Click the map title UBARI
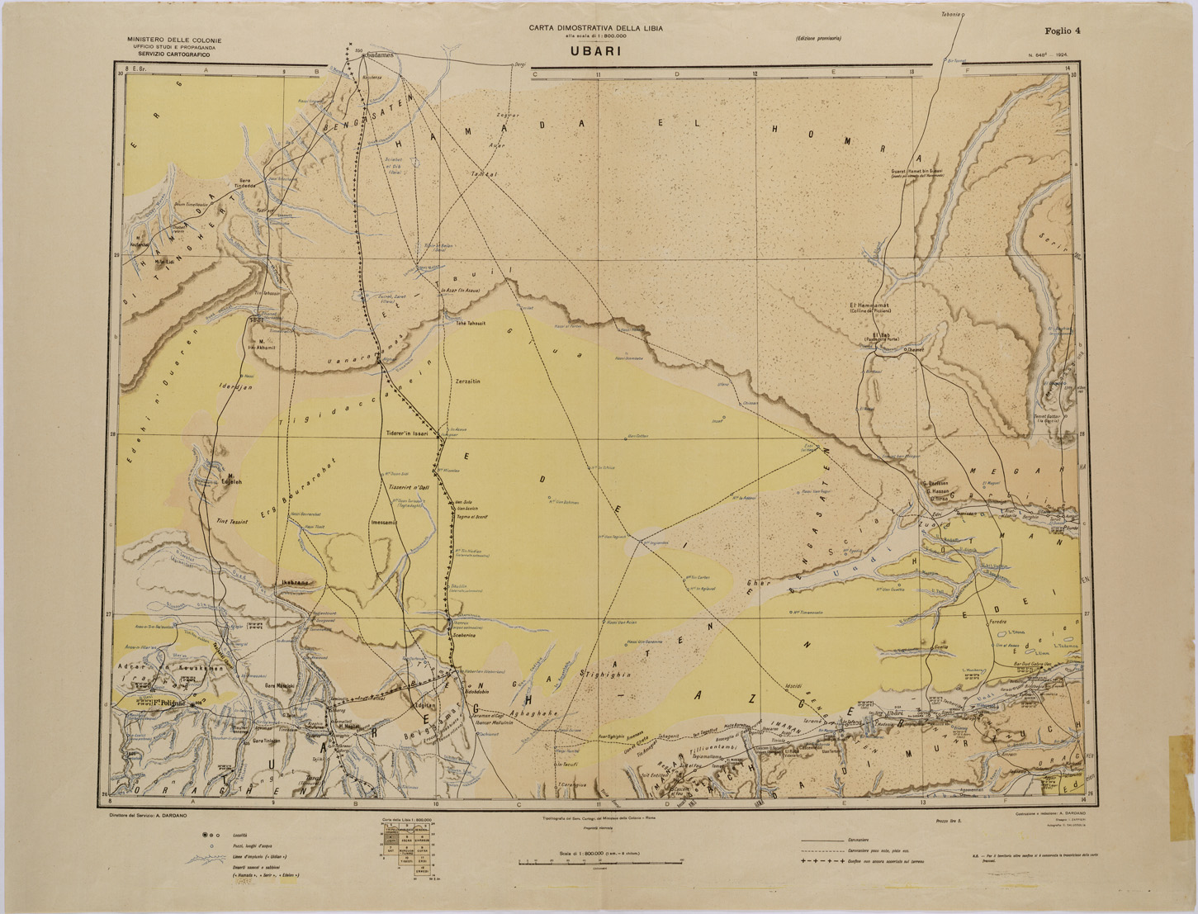click(x=594, y=50)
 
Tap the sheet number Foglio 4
click(x=1062, y=31)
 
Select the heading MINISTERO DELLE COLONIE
click(x=168, y=40)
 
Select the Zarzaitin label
click(x=468, y=381)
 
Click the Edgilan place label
click(x=424, y=706)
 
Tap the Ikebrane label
click(x=295, y=582)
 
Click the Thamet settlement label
click(x=918, y=348)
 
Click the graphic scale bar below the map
click(x=600, y=860)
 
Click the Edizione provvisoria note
click(x=818, y=40)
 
